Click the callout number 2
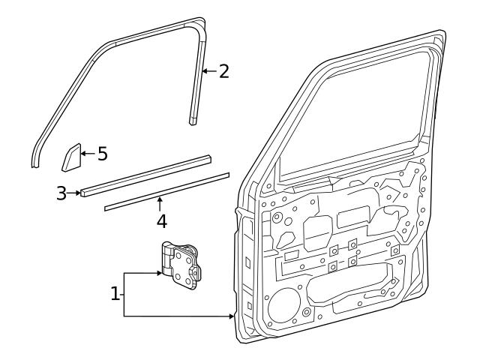(x=223, y=71)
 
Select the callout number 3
(x=61, y=193)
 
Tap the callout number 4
(x=160, y=223)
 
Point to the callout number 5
(x=102, y=154)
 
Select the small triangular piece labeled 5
(x=71, y=157)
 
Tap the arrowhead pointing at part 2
(x=204, y=72)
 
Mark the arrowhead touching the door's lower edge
(x=232, y=316)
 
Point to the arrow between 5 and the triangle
(x=87, y=153)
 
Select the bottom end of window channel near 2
(x=193, y=118)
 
